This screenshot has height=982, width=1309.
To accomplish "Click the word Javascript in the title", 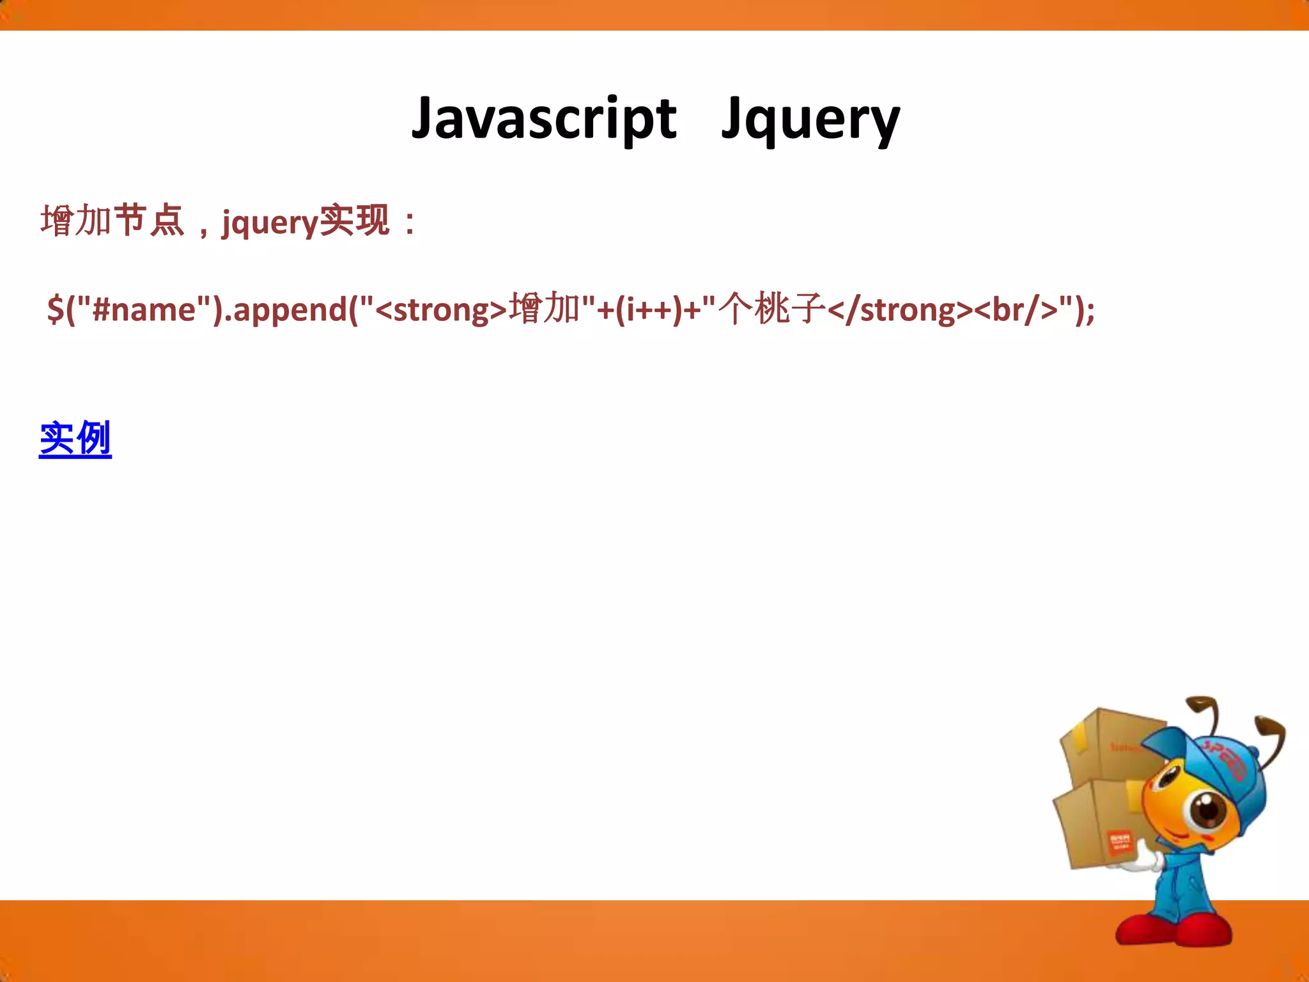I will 543,118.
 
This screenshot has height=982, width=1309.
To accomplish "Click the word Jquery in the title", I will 810,120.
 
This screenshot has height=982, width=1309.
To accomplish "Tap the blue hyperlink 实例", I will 75,439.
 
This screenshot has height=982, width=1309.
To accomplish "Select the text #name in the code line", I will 144,309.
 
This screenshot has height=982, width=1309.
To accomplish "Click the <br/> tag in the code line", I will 1016,310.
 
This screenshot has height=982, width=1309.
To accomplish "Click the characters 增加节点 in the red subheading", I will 112,221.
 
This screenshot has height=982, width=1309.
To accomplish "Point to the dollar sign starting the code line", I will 56,310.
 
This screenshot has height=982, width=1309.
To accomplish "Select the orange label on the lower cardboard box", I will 1119,841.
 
